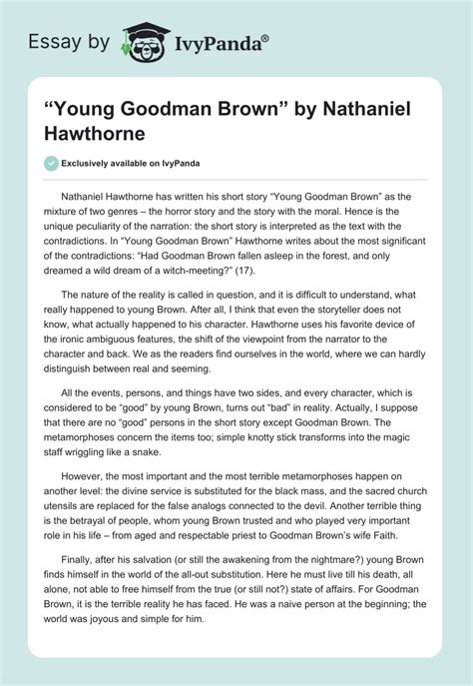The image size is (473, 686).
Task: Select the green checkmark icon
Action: tap(51, 162)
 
